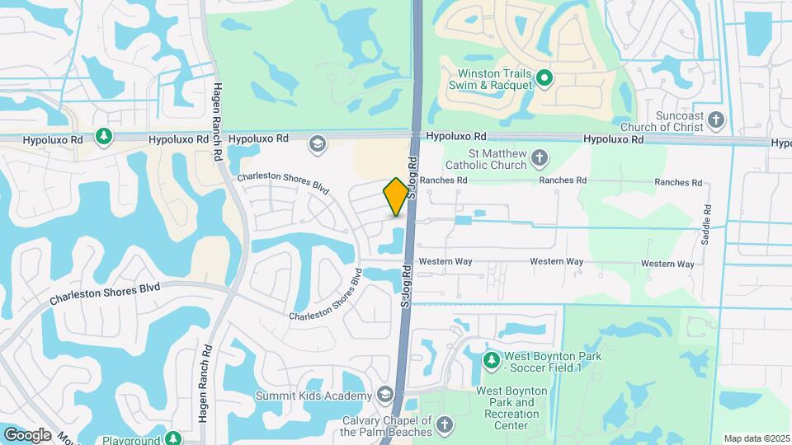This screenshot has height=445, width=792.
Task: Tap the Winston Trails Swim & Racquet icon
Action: pyautogui.click(x=544, y=78)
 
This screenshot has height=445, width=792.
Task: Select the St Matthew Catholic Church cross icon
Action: pyautogui.click(x=539, y=157)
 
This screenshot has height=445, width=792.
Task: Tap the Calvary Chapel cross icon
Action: pyautogui.click(x=444, y=425)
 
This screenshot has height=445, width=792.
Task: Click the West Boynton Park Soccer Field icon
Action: pyautogui.click(x=492, y=359)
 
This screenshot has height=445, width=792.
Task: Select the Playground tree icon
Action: pyautogui.click(x=172, y=438)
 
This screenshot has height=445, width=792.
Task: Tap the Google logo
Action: pyautogui.click(x=27, y=435)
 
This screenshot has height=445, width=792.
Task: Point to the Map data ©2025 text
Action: pyautogui.click(x=756, y=438)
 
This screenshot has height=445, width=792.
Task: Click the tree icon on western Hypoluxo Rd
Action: pyautogui.click(x=103, y=136)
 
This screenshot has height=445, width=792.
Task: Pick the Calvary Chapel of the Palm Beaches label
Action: pyautogui.click(x=387, y=426)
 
